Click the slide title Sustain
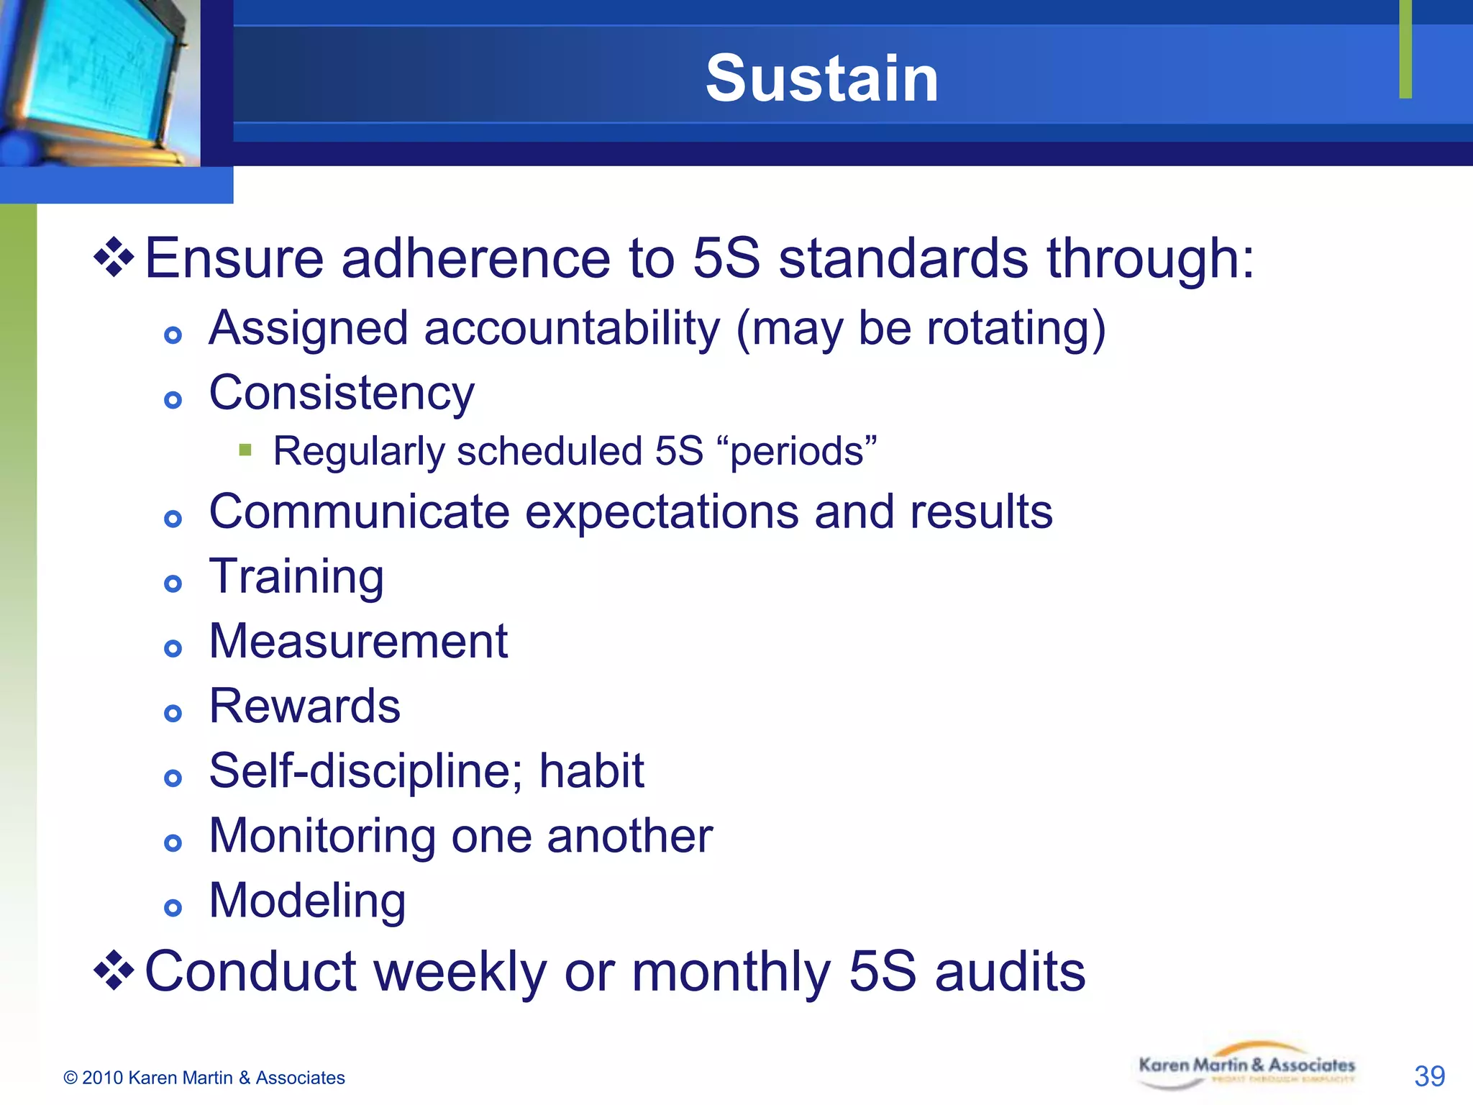coord(821,78)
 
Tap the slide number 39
coord(1428,1076)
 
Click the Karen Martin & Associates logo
coord(1246,1067)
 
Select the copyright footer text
coord(204,1078)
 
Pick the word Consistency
coord(342,394)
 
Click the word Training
coord(296,577)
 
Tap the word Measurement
coord(358,641)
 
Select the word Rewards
coord(304,706)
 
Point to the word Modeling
coord(307,901)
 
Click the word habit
coord(591,770)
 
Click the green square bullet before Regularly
coord(245,450)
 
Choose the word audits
coord(1010,971)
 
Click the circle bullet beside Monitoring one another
coord(173,842)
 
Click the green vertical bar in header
coord(1405,49)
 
